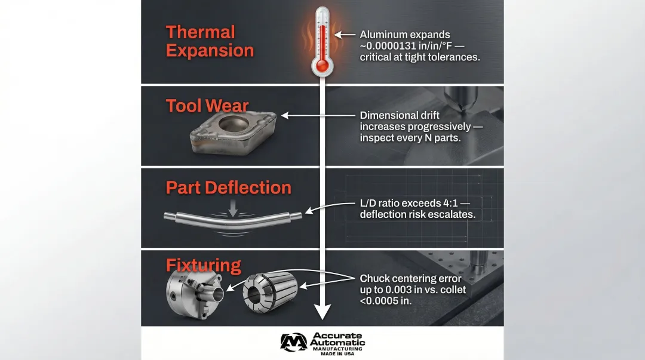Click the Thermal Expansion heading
pos(210,41)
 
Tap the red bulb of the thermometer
pos(322,66)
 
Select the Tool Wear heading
pos(207,106)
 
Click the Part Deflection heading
pos(228,187)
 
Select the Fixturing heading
pos(203,265)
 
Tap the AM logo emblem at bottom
pos(293,342)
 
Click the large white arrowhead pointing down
pos(322,312)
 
